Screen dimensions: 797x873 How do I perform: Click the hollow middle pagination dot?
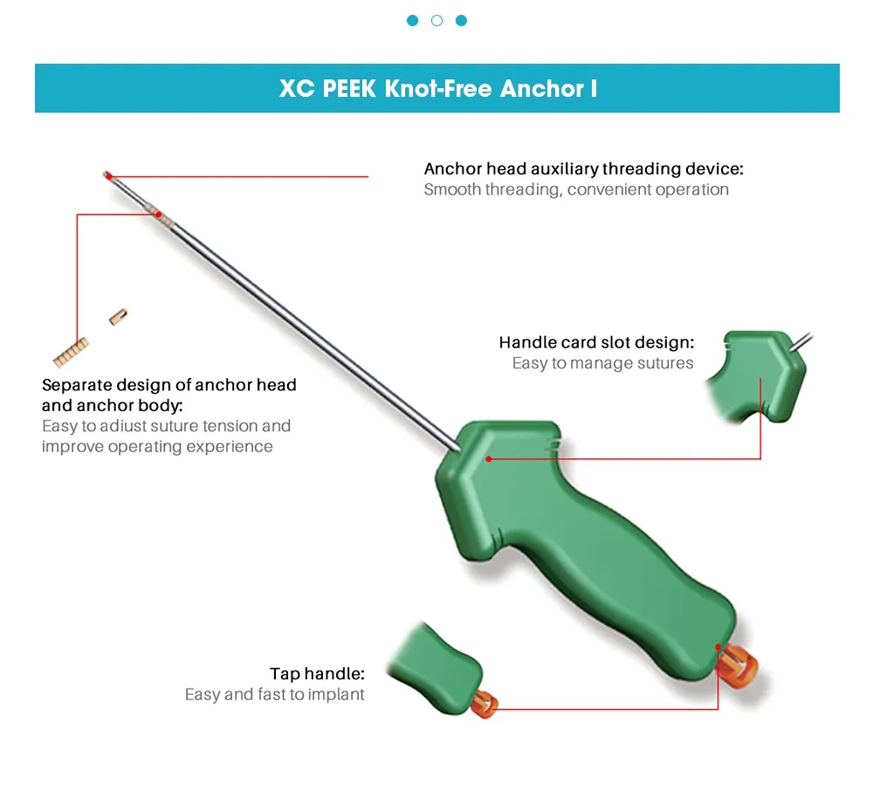(436, 20)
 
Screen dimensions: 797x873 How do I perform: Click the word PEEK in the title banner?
(346, 88)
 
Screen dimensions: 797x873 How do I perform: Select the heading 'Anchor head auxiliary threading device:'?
(583, 168)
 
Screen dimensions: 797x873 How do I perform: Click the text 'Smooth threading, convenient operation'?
(576, 189)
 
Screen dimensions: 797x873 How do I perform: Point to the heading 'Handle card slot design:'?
(596, 342)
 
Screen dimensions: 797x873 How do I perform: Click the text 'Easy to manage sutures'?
(602, 363)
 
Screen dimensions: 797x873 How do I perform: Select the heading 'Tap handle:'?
(317, 673)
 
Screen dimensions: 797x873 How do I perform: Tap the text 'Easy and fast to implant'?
(275, 695)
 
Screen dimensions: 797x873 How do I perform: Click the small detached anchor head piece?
(119, 316)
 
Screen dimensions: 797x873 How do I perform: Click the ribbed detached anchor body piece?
(70, 352)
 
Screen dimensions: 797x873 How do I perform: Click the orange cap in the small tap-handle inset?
(485, 703)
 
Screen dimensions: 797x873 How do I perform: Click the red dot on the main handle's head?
(489, 458)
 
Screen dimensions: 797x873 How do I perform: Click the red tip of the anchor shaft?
(107, 175)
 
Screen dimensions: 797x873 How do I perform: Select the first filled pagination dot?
(412, 20)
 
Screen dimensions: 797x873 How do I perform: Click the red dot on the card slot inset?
(760, 380)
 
